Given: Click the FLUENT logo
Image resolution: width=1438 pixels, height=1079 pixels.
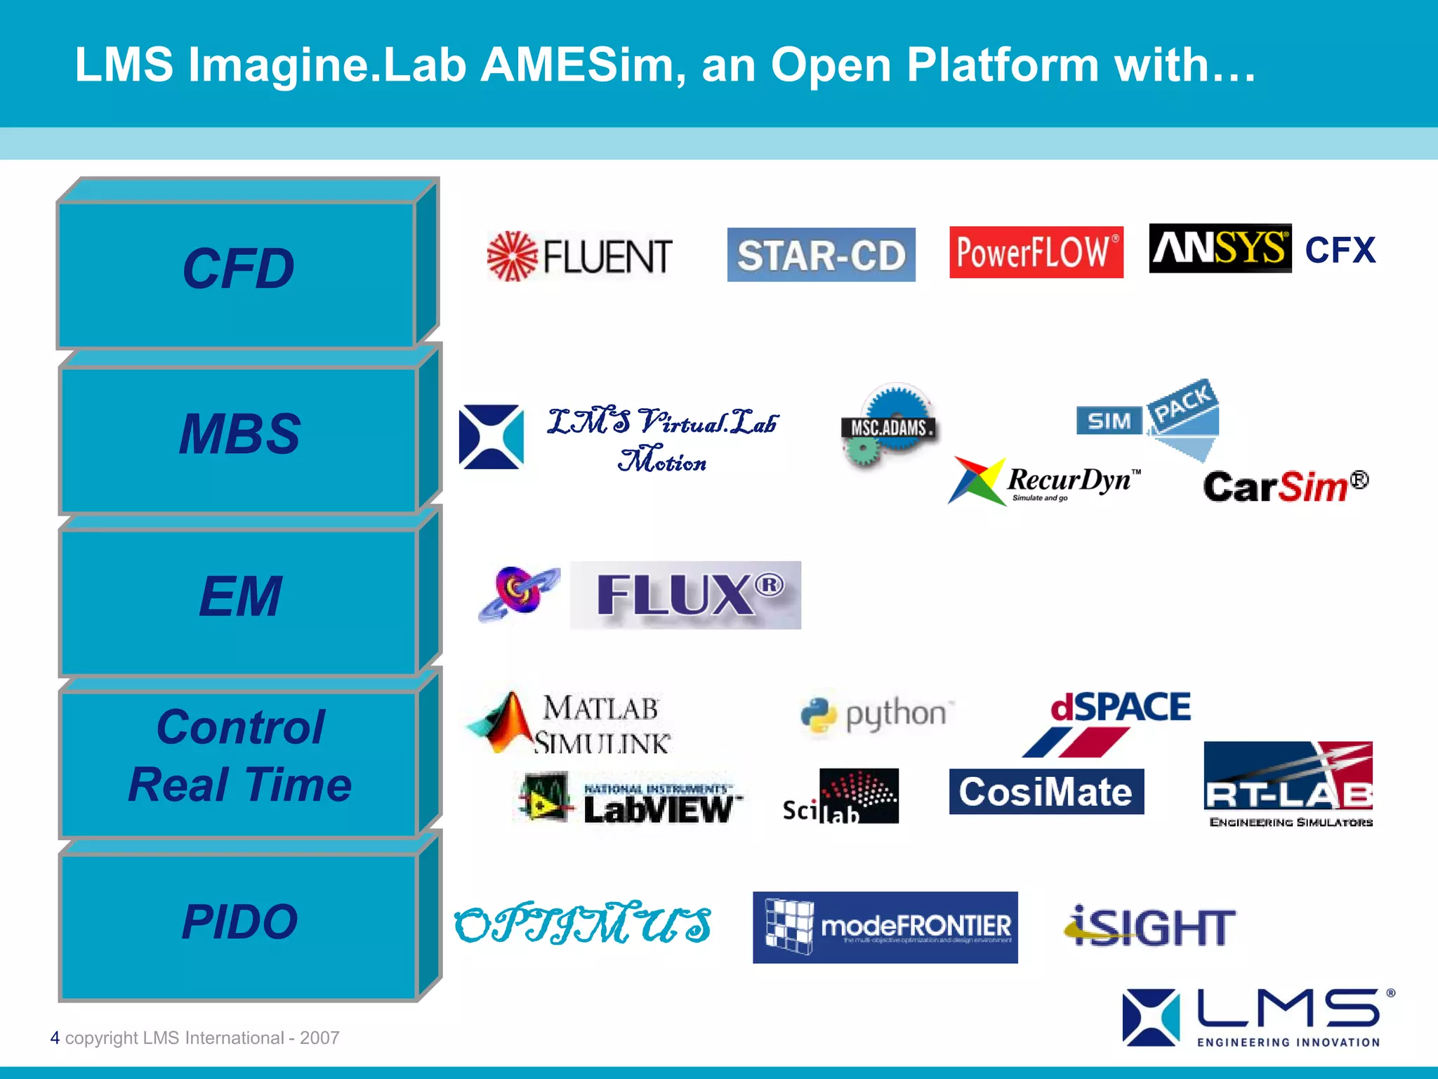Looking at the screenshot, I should [x=580, y=256].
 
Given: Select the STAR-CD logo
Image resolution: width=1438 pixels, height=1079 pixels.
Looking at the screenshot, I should [x=821, y=255].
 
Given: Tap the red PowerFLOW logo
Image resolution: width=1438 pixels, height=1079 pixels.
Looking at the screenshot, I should [x=1036, y=252].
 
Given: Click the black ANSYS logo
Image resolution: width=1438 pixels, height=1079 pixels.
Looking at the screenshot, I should [x=1220, y=249].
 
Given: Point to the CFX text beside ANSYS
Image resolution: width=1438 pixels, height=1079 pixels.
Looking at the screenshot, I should [x=1340, y=250].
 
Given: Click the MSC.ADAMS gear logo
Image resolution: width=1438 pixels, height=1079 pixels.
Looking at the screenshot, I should [x=890, y=426].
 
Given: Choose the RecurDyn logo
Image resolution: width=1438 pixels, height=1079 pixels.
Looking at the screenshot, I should [x=1045, y=482].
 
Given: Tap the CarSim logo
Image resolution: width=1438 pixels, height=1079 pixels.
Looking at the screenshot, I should [x=1285, y=486].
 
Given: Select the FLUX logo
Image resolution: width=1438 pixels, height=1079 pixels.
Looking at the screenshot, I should [x=685, y=595].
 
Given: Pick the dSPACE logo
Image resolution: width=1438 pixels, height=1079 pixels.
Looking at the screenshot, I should [x=1119, y=722].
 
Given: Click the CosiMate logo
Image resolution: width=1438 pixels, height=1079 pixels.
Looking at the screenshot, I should [x=1045, y=792].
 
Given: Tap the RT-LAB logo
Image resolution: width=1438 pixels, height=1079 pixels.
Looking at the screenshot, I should [x=1288, y=785].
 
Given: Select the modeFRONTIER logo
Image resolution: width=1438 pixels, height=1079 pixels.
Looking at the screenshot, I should [x=885, y=927].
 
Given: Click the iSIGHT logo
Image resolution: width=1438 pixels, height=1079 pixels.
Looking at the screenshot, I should [x=1149, y=927].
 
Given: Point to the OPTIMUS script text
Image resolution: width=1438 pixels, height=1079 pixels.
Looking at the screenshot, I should [x=583, y=923].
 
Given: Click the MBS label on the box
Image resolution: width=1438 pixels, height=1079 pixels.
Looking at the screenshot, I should [x=239, y=433].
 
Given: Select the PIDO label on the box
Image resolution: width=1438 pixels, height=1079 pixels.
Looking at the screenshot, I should [x=239, y=921].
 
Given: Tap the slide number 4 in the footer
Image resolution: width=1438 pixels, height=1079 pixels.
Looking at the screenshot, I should [x=55, y=1038].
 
